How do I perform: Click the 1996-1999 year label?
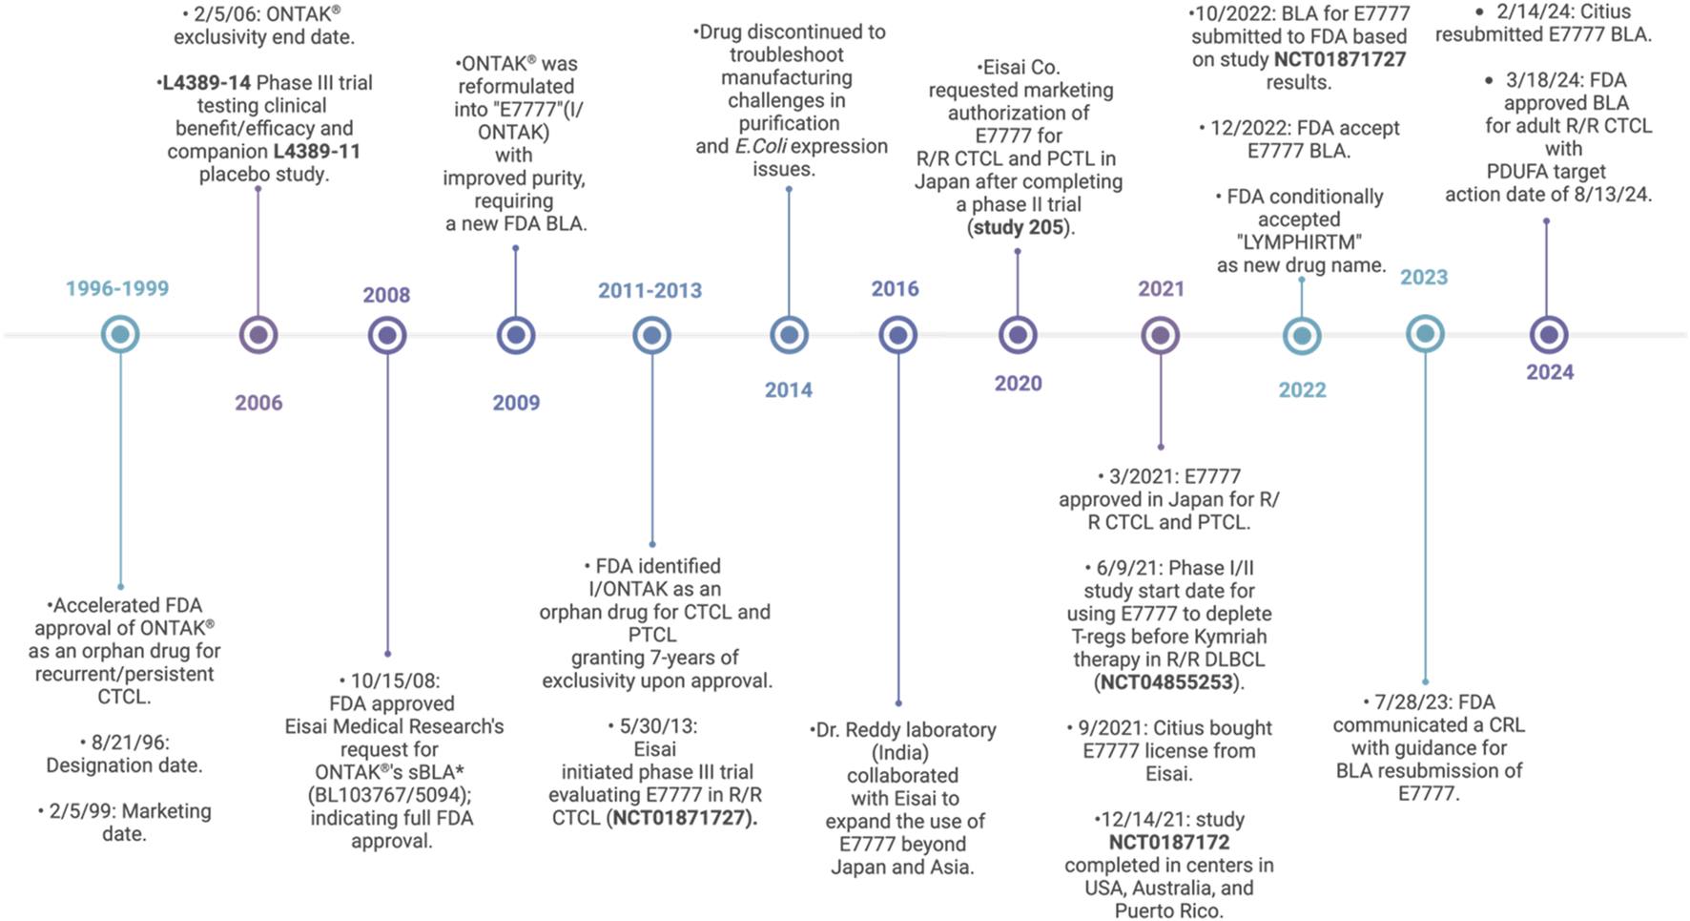[117, 289]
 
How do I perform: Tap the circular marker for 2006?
[258, 335]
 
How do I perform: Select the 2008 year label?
[386, 295]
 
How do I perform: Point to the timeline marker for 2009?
[516, 335]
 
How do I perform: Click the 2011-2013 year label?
[649, 291]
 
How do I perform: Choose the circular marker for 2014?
[789, 335]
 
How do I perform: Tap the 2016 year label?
[895, 289]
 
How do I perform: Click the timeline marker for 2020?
[1018, 335]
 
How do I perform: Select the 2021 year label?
[1161, 289]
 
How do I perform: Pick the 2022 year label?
[1302, 390]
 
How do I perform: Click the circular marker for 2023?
[1425, 334]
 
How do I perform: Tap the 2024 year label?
[1550, 373]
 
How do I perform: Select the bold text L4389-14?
[206, 83]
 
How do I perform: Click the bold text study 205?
[1020, 228]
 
